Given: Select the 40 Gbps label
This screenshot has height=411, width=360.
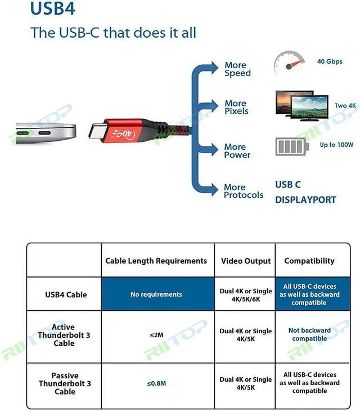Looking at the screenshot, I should tap(328, 61).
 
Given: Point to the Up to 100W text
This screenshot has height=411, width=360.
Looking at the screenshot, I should tap(336, 145).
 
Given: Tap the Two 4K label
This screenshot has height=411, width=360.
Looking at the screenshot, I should tap(345, 106).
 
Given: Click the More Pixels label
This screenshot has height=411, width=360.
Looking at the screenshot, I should tap(236, 107).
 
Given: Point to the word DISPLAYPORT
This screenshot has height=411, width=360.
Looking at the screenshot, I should tap(305, 200).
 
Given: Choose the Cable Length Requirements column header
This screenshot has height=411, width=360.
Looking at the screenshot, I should tap(156, 261).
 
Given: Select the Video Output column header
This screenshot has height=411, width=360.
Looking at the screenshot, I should tap(246, 261).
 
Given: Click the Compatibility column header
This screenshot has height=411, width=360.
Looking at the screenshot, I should tap(309, 261).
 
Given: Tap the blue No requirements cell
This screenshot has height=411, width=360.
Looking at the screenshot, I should tap(156, 294).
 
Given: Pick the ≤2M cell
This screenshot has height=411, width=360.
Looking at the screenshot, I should tap(156, 335).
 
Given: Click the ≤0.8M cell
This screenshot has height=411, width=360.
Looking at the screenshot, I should tap(156, 383).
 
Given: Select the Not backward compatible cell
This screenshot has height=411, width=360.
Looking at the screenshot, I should tap(309, 334).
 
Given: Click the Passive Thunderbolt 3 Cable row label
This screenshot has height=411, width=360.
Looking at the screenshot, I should tap(65, 383).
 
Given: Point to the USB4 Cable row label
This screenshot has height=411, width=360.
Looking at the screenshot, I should tap(66, 294).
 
